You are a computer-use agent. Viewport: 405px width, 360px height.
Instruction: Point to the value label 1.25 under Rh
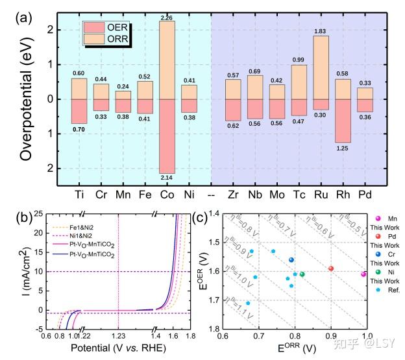343,149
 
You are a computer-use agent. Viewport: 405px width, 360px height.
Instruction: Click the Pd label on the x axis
365,193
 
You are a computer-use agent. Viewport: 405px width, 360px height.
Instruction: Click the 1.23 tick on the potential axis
118,335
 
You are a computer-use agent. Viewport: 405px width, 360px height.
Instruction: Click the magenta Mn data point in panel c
363,274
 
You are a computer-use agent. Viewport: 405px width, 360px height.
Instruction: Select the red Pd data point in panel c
331,269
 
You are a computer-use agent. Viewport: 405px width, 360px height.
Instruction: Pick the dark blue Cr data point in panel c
291,260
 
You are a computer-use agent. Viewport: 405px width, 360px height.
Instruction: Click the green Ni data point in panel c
302,274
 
